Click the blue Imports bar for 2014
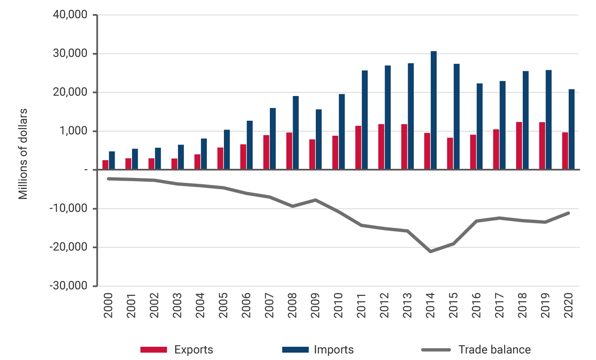point(433,110)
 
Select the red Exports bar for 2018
point(519,146)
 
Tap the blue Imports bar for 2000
point(112,161)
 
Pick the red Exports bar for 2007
point(266,152)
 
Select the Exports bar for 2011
point(358,148)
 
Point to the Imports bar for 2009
point(319,139)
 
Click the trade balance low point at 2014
point(431,251)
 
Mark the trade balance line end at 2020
point(568,213)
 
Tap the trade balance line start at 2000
point(108,179)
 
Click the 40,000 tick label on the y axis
point(70,15)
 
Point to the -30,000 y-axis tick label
point(69,286)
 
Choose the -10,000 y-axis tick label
point(69,209)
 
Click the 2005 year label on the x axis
point(223,305)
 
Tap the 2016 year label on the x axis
point(476,305)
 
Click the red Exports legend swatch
point(154,350)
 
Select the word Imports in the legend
point(334,350)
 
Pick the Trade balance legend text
point(494,350)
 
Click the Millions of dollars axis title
point(23,154)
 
